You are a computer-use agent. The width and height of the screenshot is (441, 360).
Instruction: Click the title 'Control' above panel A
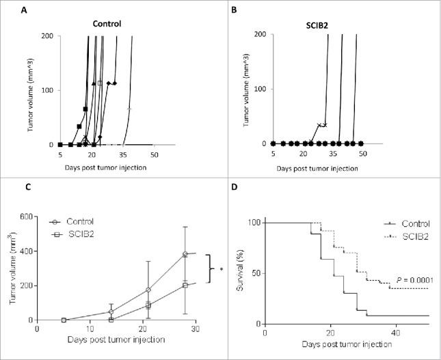(107, 24)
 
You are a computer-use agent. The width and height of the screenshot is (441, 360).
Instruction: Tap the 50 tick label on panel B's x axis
(363, 155)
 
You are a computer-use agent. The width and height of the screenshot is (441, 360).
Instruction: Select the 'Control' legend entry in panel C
(81, 221)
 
